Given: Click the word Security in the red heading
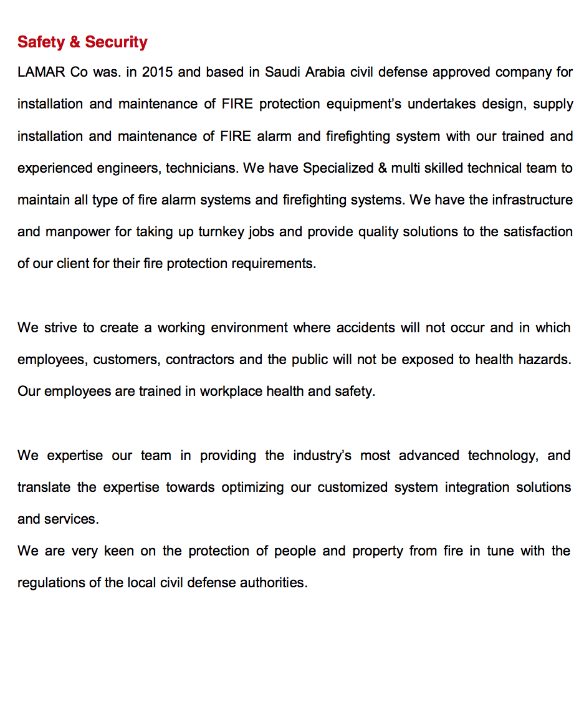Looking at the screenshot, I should [116, 42].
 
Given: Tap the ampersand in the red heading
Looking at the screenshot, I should [75, 42].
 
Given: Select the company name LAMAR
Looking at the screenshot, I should [41, 72].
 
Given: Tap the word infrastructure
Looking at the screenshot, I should [532, 200].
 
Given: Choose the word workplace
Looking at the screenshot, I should [231, 392].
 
